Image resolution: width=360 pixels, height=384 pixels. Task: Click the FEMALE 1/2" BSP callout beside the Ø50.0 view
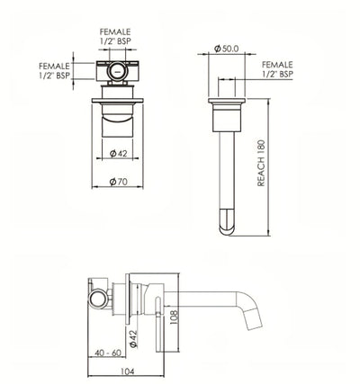coord(276,70)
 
